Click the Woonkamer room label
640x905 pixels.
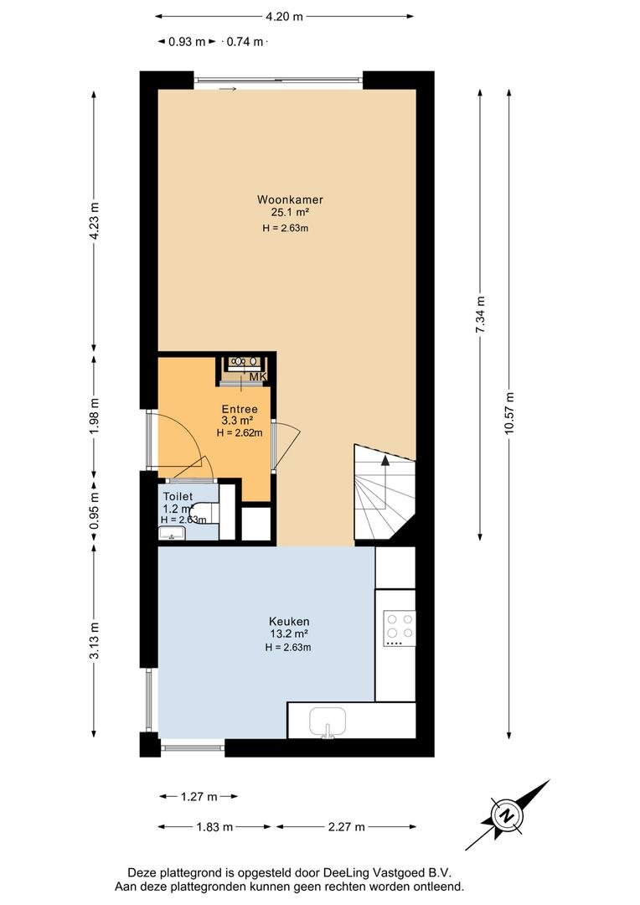click(x=290, y=199)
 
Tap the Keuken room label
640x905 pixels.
click(x=289, y=622)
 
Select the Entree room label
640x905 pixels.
click(x=240, y=410)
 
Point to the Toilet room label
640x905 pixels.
click(x=178, y=496)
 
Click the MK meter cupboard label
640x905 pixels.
click(x=257, y=377)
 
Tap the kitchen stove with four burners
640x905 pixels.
click(x=400, y=628)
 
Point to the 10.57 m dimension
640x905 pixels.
click(x=509, y=413)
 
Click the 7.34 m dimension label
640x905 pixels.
click(x=479, y=314)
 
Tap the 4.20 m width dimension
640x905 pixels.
click(x=284, y=17)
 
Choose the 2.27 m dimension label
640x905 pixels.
click(x=346, y=827)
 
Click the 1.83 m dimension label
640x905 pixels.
click(x=214, y=827)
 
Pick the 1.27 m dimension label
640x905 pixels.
click(x=199, y=797)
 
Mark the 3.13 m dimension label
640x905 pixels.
click(x=95, y=640)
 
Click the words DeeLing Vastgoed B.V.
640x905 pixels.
click(x=387, y=873)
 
